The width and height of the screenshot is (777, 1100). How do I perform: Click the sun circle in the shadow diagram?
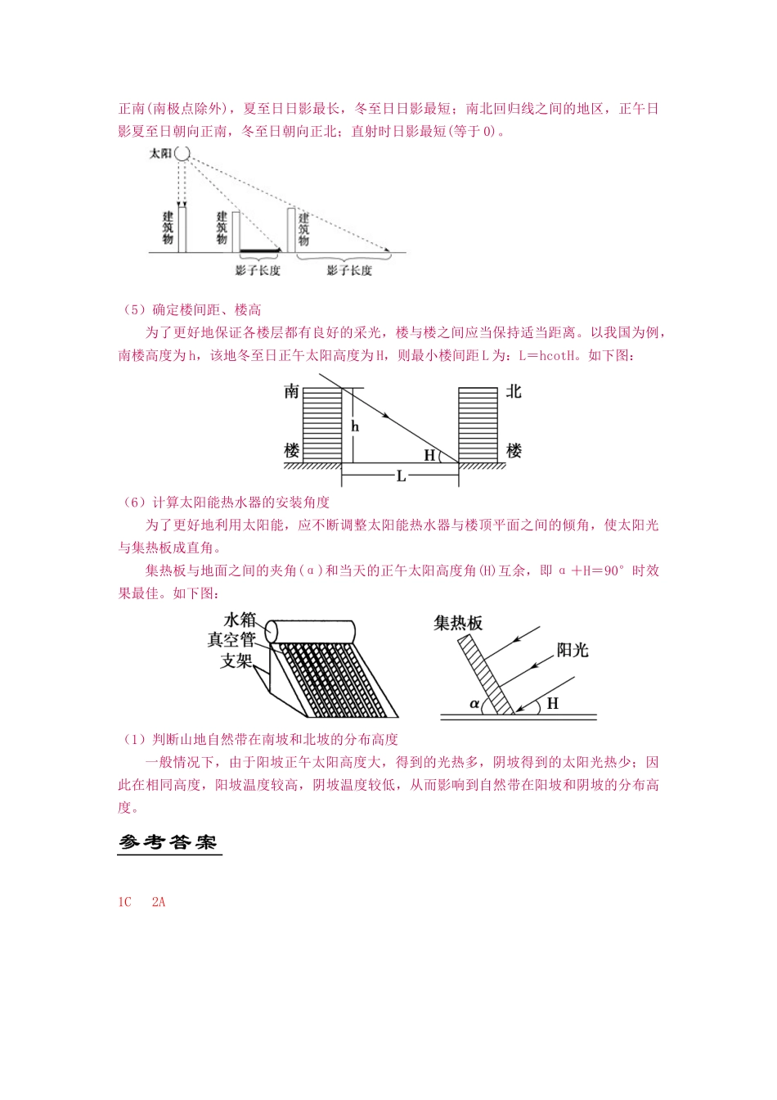(x=182, y=153)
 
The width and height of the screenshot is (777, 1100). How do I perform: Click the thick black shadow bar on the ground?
(x=258, y=250)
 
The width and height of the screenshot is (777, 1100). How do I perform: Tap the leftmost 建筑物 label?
(x=168, y=228)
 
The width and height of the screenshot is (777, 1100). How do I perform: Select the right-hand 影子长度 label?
(x=349, y=271)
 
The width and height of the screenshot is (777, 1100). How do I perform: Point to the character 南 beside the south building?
(x=291, y=392)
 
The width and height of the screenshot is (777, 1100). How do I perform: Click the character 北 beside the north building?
(x=514, y=392)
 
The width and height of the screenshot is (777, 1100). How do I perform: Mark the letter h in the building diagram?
(x=355, y=426)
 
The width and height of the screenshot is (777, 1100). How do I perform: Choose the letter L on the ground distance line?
(x=401, y=476)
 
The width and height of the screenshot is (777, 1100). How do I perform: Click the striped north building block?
(x=478, y=424)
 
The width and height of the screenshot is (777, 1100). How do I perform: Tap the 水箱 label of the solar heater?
(x=240, y=620)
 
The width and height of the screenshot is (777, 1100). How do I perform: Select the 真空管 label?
(x=231, y=640)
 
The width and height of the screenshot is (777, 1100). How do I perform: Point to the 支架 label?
(x=236, y=660)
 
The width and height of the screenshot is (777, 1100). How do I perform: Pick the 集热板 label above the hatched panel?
(x=458, y=623)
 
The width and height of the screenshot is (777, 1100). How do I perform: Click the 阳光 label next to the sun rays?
(x=573, y=650)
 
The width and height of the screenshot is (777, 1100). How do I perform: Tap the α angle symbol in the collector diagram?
(x=474, y=703)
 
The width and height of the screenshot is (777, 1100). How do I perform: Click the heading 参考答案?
(x=168, y=842)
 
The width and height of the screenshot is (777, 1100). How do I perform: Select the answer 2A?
(x=159, y=902)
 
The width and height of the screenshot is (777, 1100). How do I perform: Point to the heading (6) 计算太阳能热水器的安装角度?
(x=225, y=502)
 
